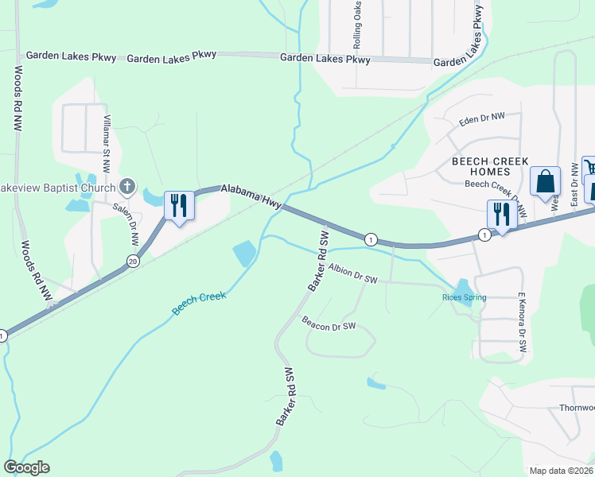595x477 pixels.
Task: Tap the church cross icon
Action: coord(126,188)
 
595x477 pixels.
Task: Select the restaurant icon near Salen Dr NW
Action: coord(177,206)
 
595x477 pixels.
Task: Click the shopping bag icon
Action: coord(546,181)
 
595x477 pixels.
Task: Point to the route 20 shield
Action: coord(132,260)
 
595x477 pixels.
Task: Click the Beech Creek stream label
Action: coord(200,302)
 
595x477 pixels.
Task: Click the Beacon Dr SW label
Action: coord(329,325)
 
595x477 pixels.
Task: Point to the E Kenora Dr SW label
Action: coord(523,322)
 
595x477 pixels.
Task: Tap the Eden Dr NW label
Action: coord(482,120)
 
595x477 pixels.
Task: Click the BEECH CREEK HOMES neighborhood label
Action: coord(480,166)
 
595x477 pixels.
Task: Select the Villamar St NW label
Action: coord(106,143)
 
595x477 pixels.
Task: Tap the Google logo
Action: coord(26,467)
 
